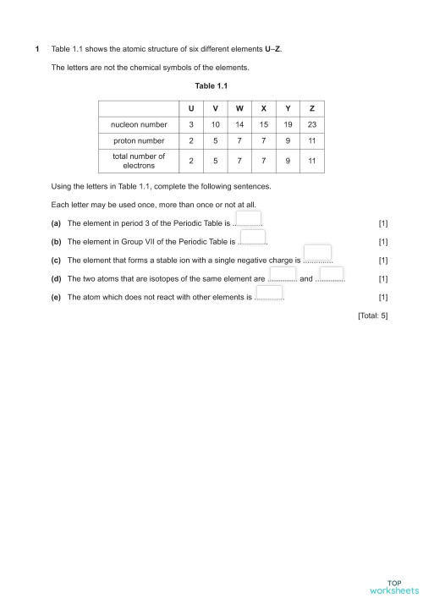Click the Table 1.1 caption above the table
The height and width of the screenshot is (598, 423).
[x=211, y=85]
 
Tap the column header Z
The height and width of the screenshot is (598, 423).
[x=312, y=108]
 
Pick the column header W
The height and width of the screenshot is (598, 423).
[x=240, y=108]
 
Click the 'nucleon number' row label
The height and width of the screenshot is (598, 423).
[x=139, y=124]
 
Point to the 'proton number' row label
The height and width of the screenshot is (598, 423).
[x=139, y=140]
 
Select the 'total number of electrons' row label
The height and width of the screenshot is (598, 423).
[x=139, y=161]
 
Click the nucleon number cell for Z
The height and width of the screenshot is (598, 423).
[x=312, y=124]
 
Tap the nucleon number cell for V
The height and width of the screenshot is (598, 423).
[x=216, y=124]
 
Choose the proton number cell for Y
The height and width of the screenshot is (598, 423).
[x=288, y=140]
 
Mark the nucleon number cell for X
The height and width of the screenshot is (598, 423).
[x=265, y=124]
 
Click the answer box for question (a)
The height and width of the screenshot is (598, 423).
[x=248, y=219]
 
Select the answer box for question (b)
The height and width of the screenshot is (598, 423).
[x=252, y=238]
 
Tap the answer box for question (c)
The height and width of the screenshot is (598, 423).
[x=316, y=255]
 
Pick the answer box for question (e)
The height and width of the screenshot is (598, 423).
[x=269, y=292]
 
